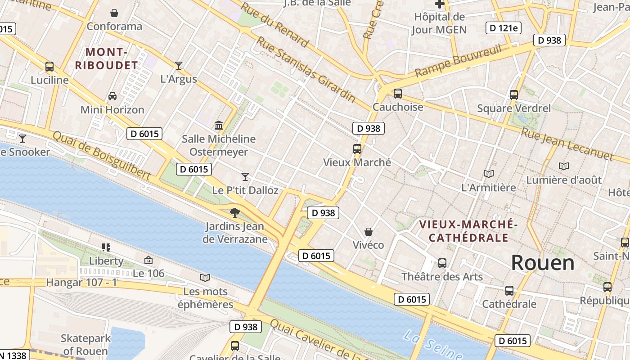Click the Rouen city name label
point(543,263)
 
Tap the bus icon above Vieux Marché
point(357,148)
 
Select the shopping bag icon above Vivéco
point(369,232)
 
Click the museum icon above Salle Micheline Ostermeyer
point(219,125)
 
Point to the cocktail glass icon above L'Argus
point(179,66)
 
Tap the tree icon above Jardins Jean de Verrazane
point(234,212)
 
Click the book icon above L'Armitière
point(489,174)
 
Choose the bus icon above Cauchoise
point(398,94)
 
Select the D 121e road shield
point(504,28)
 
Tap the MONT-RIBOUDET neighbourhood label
point(107,59)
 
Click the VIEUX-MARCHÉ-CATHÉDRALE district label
point(468,230)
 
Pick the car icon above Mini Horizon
point(112,96)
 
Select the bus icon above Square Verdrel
point(514,95)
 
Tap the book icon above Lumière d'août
point(564,166)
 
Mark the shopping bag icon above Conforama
point(114,13)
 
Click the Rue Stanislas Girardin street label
point(306,70)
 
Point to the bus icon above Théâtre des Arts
point(442,263)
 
